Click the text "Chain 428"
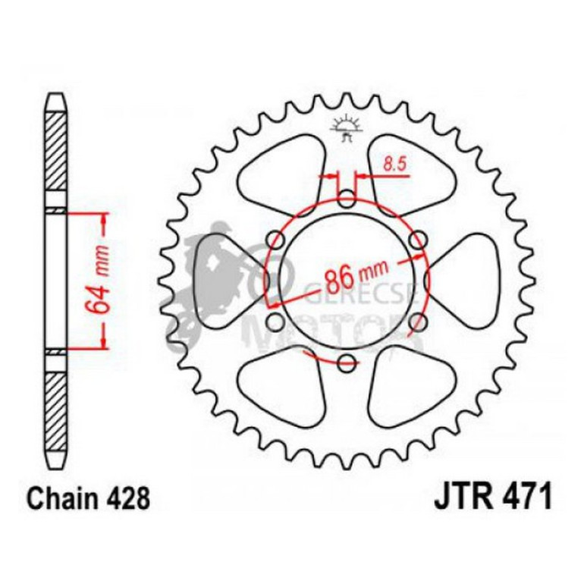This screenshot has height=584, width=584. pos(88,500)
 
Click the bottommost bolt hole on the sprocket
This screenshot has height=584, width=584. pos(347,362)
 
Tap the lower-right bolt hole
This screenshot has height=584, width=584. pos(416,322)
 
